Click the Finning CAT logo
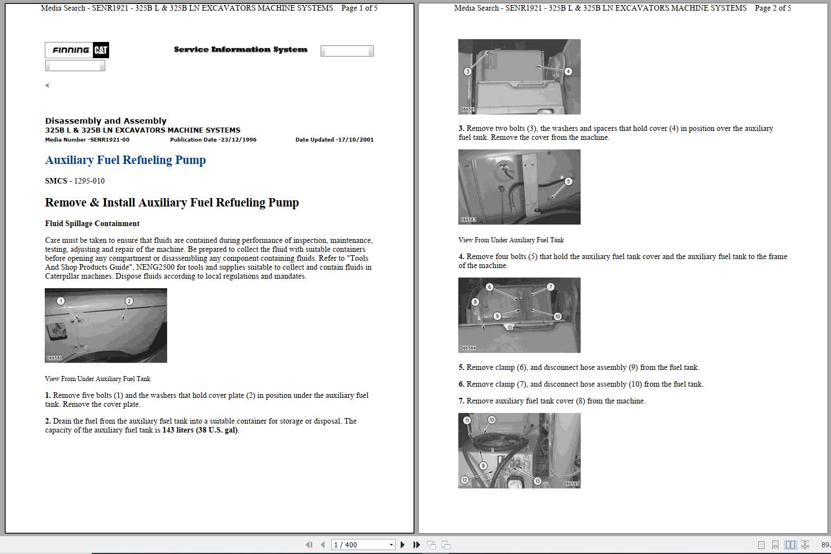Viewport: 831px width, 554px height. coord(77,50)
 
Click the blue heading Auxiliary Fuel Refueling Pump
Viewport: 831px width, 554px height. coord(125,160)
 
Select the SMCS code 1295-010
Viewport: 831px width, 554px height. coord(89,181)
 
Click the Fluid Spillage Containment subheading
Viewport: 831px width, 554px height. coord(92,223)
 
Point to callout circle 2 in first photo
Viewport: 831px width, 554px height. coord(129,301)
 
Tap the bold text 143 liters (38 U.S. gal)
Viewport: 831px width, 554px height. coord(200,430)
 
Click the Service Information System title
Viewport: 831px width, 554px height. coord(241,49)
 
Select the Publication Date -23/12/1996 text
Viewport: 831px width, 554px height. coord(213,140)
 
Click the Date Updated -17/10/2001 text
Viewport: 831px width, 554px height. coord(334,140)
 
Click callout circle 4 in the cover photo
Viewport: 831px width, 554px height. coord(568,71)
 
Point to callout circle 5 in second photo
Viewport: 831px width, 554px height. coord(568,181)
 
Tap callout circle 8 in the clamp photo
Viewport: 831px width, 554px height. coord(475,302)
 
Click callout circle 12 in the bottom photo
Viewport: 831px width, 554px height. coord(464,480)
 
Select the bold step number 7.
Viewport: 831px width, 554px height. coord(461,401)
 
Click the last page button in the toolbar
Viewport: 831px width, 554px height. coord(416,544)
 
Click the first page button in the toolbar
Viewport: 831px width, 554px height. coord(309,544)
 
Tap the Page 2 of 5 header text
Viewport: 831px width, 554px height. coord(773,8)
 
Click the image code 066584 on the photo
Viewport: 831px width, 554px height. coord(468,348)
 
